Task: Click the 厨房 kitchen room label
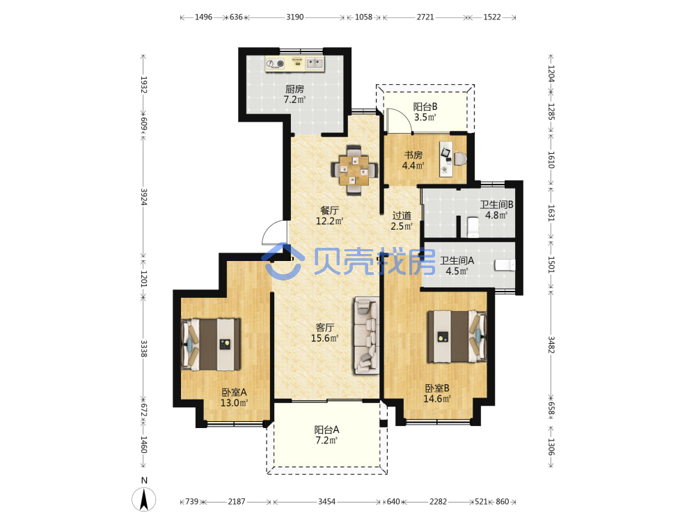294,89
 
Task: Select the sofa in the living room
366,335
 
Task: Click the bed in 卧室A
212,344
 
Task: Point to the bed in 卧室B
457,336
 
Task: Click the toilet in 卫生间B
473,227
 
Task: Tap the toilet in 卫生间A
505,265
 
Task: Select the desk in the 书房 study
446,159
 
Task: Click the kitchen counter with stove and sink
294,63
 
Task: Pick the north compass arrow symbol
144,498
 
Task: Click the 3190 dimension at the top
294,17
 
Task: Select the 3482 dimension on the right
551,345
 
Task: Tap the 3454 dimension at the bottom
326,502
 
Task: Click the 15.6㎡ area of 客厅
325,338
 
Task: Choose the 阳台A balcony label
326,429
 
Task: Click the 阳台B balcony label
425,106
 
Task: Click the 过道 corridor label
402,216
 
